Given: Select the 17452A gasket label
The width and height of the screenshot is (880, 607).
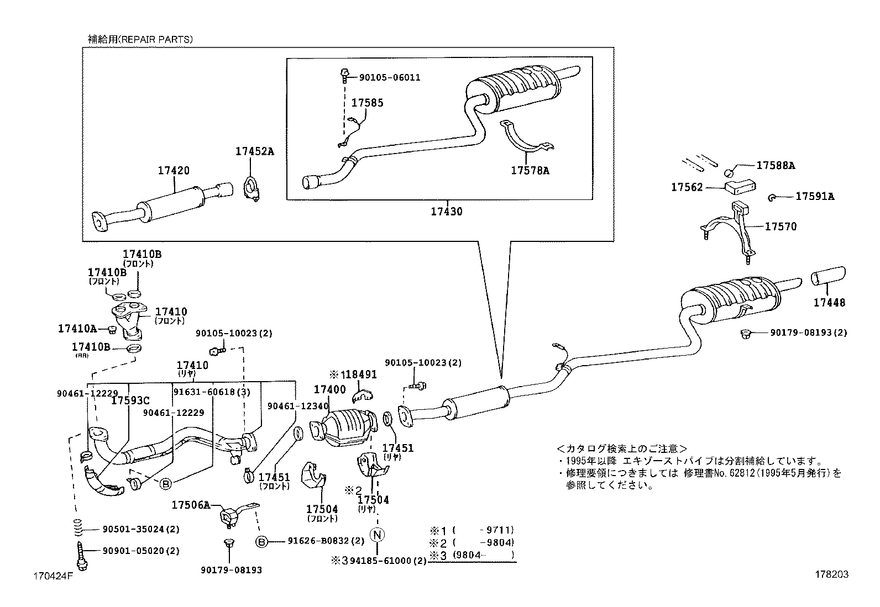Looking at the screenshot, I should pos(255,151).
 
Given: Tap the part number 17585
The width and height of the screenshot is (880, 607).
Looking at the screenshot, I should pos(367,103).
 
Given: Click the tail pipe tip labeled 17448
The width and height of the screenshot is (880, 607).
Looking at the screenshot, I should pos(827,277).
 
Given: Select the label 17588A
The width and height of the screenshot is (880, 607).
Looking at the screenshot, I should pos(776,165).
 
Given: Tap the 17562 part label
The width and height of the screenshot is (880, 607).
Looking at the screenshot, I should pos(687,187).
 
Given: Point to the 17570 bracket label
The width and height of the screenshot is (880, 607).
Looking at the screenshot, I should pos(781,226).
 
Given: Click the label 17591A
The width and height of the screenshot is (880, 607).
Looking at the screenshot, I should pos(815,196).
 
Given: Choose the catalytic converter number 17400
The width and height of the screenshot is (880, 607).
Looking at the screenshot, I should pos(329,389).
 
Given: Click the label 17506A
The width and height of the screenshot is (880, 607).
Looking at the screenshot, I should pos(191,504).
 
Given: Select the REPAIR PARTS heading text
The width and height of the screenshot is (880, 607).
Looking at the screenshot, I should pos(140,39).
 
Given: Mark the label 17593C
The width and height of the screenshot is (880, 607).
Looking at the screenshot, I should pos(130,400).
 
